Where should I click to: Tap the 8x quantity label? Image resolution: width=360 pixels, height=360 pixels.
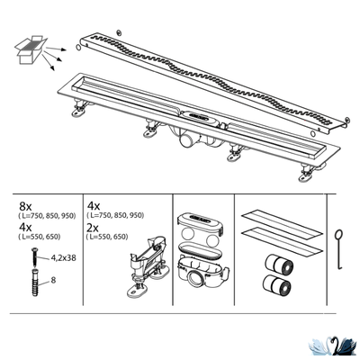(x=25, y=206)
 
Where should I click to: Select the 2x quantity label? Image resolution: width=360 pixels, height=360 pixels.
(x=93, y=229)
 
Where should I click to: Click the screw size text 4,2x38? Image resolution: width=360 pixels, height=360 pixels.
(x=62, y=257)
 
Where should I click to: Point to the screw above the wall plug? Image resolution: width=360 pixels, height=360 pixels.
(x=35, y=256)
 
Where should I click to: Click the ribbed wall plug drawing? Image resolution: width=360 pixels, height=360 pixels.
(x=35, y=283)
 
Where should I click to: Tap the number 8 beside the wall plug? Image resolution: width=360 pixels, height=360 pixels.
(x=53, y=280)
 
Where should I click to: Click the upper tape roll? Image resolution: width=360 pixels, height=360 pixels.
(x=279, y=265)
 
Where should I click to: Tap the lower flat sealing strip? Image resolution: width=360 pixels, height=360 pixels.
(x=282, y=241)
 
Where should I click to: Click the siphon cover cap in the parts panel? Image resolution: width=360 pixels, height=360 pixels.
(x=200, y=222)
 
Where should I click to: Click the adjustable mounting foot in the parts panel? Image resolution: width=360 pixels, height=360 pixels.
(x=147, y=266)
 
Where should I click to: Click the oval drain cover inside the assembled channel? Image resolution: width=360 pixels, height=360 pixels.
(x=197, y=117)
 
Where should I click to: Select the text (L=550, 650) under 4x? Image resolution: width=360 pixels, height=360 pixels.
(x=40, y=237)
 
